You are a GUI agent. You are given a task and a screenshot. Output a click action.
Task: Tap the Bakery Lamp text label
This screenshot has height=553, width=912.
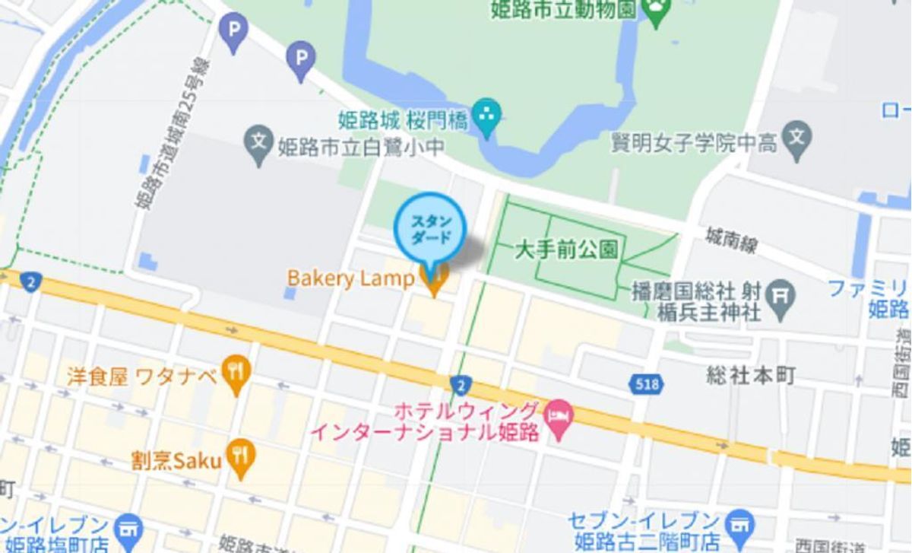point(350,278)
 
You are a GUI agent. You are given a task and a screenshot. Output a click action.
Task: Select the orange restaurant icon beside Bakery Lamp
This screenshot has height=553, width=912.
point(435,281)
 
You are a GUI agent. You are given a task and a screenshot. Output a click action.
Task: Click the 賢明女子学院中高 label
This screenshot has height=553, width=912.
point(694,142)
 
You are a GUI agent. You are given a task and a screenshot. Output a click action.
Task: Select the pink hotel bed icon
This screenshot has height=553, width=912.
point(561,416)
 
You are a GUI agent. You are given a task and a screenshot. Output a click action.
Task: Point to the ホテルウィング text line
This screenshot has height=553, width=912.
point(467,412)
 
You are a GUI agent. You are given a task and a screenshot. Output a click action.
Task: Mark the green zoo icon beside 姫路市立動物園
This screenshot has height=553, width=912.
point(655,10)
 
